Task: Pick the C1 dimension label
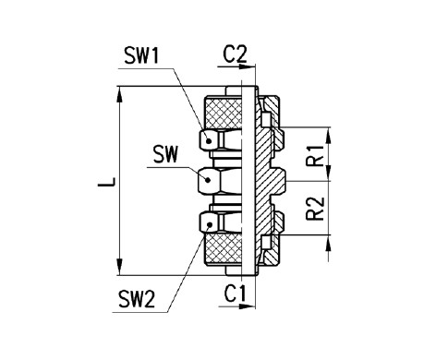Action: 235,295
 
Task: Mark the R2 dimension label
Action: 315,210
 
